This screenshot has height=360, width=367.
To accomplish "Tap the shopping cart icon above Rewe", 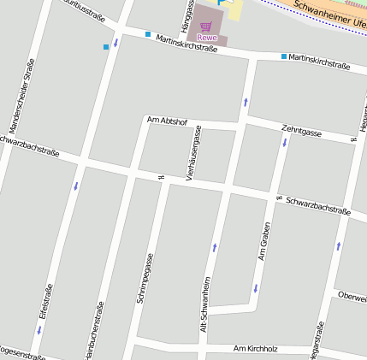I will [x=206, y=27].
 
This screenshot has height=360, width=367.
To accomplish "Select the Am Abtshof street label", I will [x=167, y=121].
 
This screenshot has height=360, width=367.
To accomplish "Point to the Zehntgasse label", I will [x=301, y=132].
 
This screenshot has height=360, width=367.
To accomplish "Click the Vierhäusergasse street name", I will [x=194, y=152].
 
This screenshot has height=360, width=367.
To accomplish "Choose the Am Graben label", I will [x=264, y=241].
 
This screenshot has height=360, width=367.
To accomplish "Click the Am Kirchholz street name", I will [x=256, y=349].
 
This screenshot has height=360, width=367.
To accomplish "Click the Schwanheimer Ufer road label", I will [x=329, y=14].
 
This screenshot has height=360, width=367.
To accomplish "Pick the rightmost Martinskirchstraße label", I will [x=319, y=61].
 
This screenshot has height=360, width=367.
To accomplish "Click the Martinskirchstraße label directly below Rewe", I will [x=186, y=44].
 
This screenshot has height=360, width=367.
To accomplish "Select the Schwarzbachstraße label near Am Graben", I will [x=318, y=206].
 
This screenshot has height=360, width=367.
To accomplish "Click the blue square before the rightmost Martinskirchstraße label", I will [x=284, y=56].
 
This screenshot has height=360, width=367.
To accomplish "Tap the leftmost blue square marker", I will [x=106, y=46].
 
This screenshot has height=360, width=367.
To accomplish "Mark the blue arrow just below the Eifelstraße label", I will [x=38, y=329].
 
